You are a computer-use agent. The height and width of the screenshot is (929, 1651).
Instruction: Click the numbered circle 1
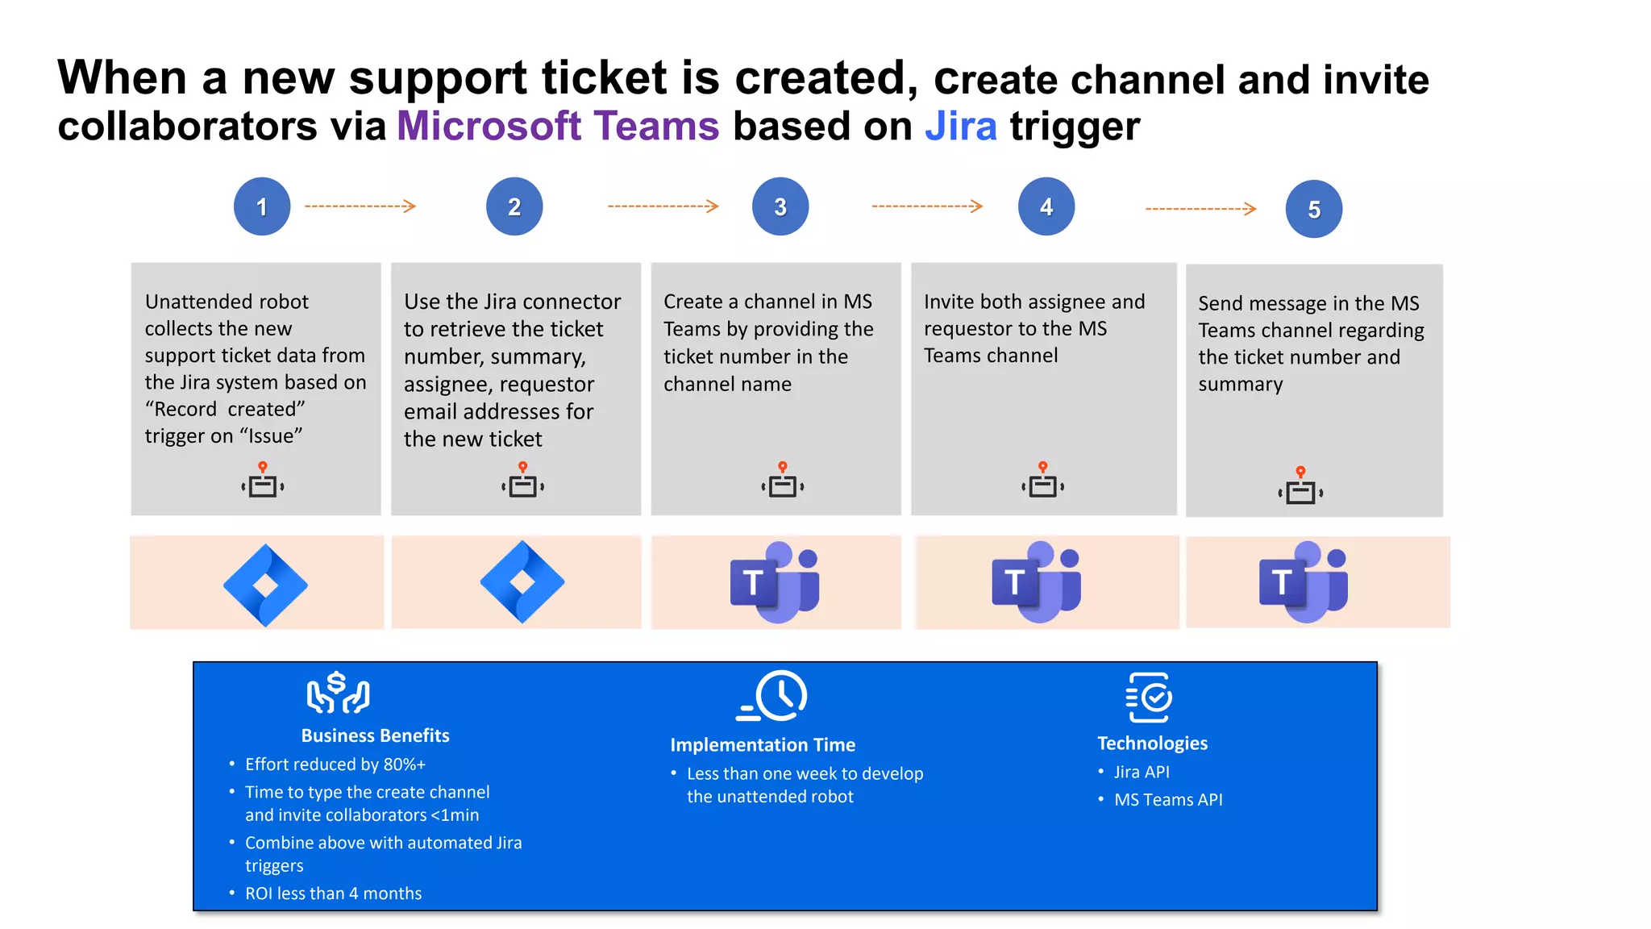tap(262, 206)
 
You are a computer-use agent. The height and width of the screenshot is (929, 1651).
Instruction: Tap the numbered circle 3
tap(780, 206)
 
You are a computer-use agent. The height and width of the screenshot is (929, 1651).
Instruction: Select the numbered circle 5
tap(1313, 209)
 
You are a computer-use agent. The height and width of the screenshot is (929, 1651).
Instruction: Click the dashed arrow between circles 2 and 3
tap(663, 206)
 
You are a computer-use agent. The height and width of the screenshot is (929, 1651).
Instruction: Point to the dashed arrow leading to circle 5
tap(1200, 209)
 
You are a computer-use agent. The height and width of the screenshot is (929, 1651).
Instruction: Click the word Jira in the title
tap(960, 127)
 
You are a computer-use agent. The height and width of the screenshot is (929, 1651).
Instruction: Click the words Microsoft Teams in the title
tap(558, 127)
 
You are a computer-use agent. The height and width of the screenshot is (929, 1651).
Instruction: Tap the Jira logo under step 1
tap(265, 585)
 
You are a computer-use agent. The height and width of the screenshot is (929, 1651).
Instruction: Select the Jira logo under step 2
tap(522, 581)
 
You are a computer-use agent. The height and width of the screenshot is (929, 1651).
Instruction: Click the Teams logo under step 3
tap(775, 581)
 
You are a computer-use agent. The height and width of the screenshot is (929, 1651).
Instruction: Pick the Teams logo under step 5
tap(1304, 581)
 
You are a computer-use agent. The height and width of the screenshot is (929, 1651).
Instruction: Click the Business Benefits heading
tap(375, 735)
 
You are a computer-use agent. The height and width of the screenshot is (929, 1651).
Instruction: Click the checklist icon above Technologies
tap(1150, 698)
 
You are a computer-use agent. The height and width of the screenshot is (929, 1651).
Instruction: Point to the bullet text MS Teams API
tap(1168, 799)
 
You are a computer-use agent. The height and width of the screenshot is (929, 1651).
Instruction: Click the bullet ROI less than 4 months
tap(333, 893)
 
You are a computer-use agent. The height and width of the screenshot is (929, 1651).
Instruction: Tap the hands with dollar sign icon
tap(338, 693)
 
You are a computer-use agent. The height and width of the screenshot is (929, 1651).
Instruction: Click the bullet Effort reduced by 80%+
tap(335, 764)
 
